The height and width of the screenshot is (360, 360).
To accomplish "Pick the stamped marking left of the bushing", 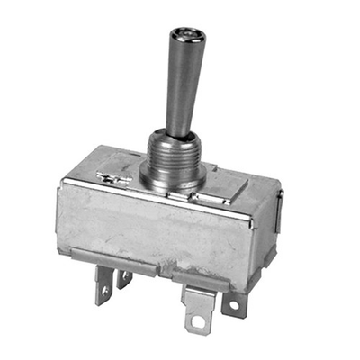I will pyautogui.click(x=114, y=178).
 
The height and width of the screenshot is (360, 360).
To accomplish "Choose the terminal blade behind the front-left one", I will pyautogui.click(x=125, y=275).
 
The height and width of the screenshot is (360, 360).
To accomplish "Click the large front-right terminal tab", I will pyautogui.click(x=197, y=306).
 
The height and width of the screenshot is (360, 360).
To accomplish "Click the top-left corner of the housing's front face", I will pyautogui.click(x=64, y=183).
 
